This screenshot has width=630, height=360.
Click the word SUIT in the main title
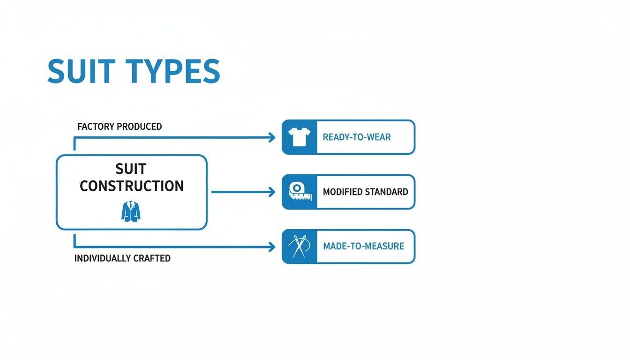(81, 72)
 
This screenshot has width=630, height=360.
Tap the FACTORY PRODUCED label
(120, 127)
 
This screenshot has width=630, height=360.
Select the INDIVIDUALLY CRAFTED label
(122, 258)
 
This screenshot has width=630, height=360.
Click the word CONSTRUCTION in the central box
(132, 186)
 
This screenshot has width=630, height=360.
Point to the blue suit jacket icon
(131, 211)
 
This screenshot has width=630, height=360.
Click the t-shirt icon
(299, 137)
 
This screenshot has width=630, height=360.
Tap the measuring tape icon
(299, 191)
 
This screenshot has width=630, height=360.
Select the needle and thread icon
(299, 246)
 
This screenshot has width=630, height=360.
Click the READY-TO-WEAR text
(357, 137)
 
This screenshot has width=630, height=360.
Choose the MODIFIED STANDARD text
(366, 192)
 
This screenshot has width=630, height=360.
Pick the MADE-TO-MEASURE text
(363, 246)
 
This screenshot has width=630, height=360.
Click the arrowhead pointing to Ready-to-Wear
(271, 137)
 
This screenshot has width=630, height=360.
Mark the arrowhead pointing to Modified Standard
(271, 192)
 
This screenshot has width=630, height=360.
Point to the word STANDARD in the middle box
(387, 192)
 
